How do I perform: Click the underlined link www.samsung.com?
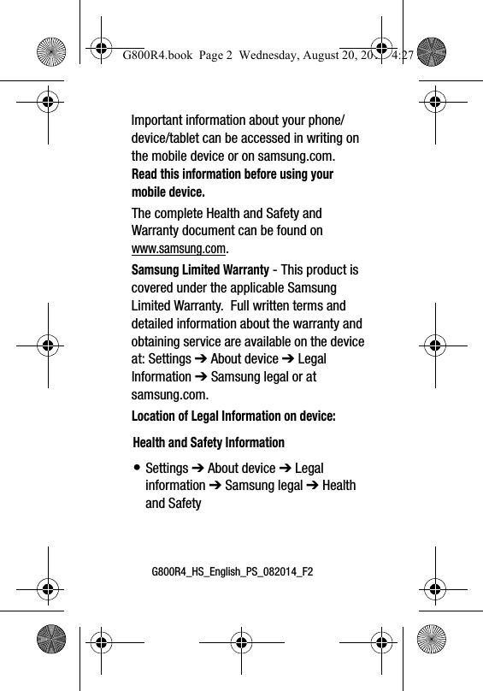point(179,249)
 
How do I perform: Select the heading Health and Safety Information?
point(209,443)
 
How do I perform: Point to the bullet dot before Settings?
point(137,469)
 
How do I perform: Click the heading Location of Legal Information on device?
point(233,416)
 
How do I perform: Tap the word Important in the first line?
point(158,121)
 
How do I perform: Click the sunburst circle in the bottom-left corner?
point(53,638)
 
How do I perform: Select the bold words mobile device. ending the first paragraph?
point(168,192)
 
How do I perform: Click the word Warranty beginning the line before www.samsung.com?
point(156,231)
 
